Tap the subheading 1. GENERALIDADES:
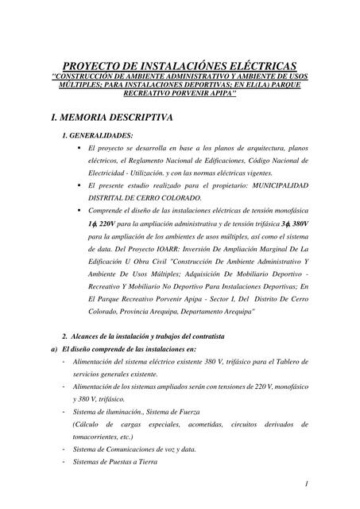(98, 137)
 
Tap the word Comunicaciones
(131, 449)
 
